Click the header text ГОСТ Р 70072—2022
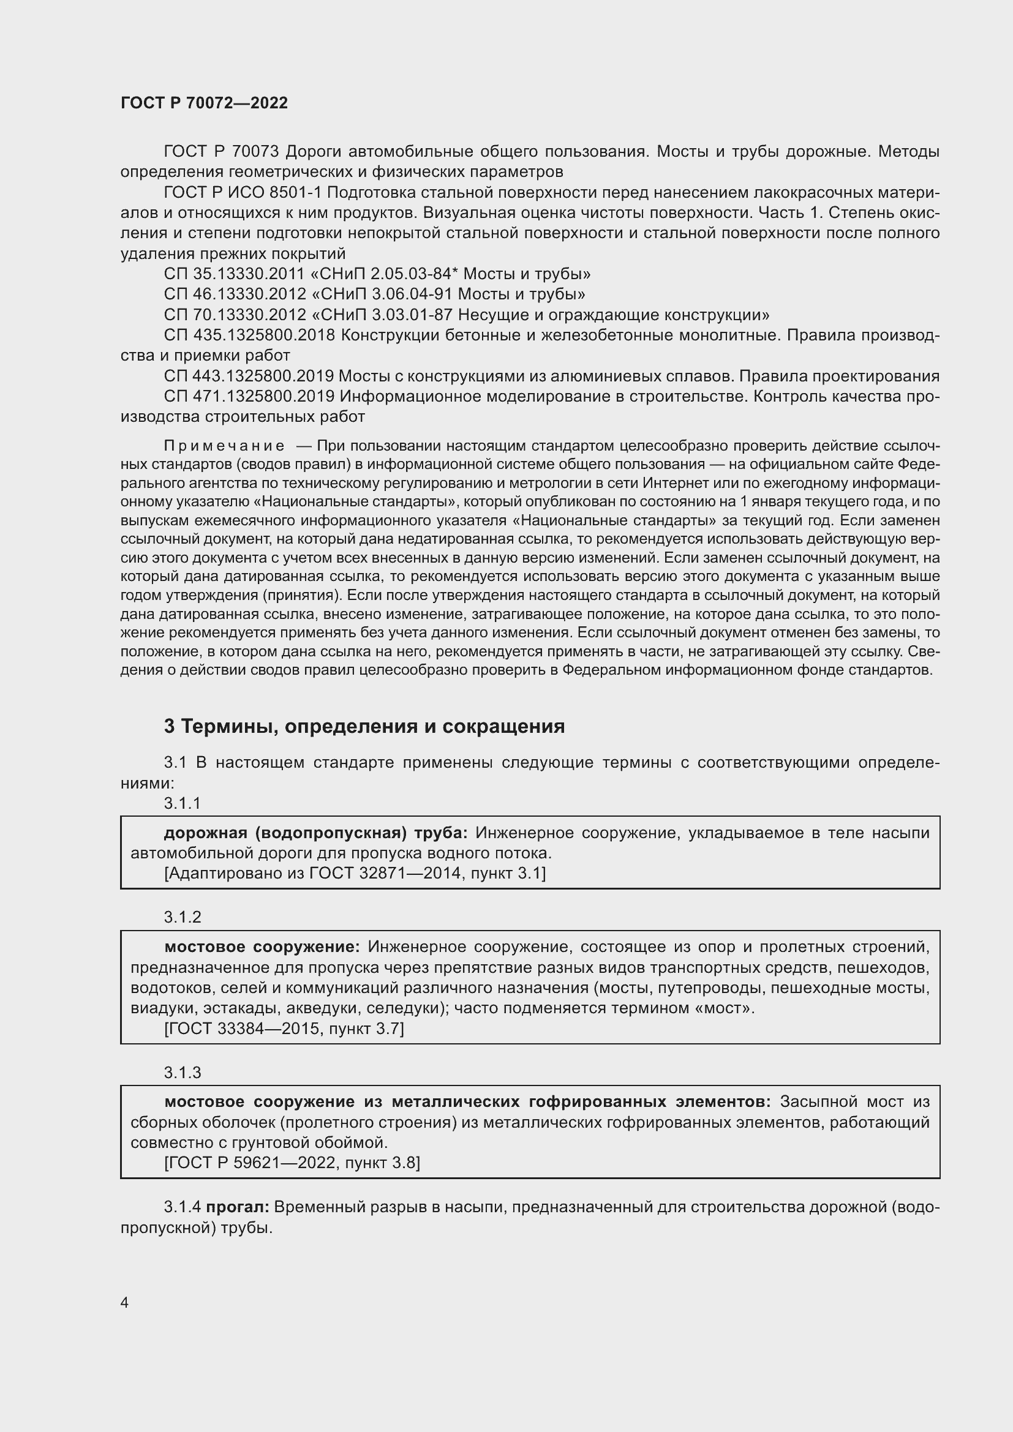204,103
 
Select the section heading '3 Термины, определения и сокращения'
364,726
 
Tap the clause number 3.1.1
182,803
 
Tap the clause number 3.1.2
182,917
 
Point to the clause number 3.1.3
182,1072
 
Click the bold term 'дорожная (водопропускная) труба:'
315,833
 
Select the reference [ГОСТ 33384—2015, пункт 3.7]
284,1029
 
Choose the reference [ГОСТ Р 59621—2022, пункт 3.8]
292,1163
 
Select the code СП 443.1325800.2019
249,376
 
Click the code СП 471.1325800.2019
249,396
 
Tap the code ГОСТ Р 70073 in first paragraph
221,152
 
